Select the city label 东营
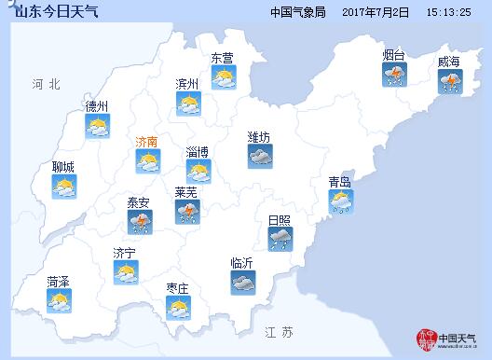[222, 58]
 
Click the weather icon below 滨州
[189, 104]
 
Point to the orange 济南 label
[146, 142]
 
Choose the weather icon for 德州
[97, 127]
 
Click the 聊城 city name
[63, 167]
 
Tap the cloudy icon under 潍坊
[259, 157]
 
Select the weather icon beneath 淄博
[198, 171]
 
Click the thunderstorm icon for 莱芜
[187, 213]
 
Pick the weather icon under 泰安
[141, 222]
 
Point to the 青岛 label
[339, 182]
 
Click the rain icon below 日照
[279, 240]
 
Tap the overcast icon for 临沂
[242, 283]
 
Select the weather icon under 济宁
[125, 272]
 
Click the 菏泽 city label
[58, 281]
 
